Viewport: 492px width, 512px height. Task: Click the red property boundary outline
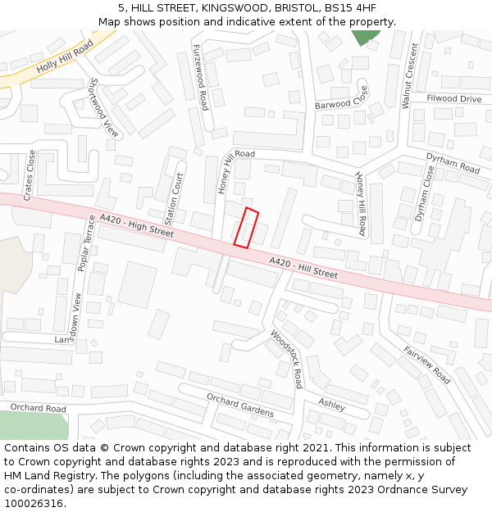pos(246,228)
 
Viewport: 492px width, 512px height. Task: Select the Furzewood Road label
pos(201,79)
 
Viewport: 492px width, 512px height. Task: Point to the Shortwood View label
pos(104,107)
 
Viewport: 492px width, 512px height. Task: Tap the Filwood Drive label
pos(453,99)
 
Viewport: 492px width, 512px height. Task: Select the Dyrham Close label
pos(424,194)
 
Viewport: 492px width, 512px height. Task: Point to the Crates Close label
pos(30,175)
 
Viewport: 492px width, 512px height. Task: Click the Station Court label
pos(175,199)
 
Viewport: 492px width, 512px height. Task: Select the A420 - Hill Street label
pos(303,267)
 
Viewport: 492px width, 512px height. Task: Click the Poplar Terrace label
pos(85,243)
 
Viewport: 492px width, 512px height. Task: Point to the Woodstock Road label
pos(287,358)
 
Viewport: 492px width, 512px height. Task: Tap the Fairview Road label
pos(426,365)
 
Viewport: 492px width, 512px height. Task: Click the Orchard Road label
pos(38,408)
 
